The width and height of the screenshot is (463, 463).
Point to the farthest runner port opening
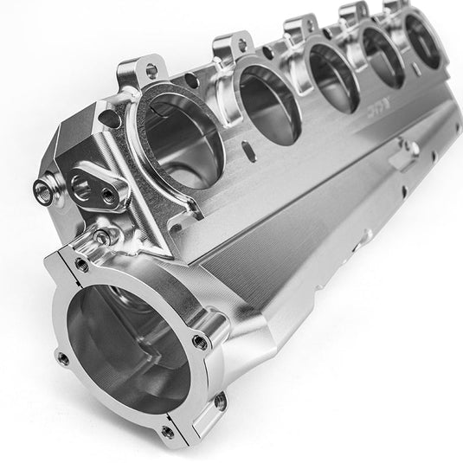[423, 40]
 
